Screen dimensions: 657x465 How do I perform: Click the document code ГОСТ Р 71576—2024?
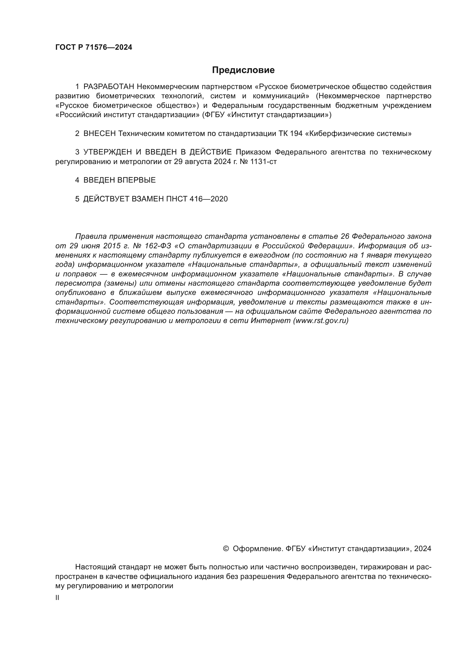point(94,47)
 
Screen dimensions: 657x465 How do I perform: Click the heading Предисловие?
point(243,70)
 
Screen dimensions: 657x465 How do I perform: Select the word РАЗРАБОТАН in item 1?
point(109,87)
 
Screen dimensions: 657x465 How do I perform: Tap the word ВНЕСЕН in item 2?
point(99,133)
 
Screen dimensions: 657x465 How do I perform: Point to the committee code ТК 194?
point(290,133)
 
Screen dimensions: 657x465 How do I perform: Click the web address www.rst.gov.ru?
point(321,320)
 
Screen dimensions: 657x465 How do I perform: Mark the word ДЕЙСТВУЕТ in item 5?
point(106,199)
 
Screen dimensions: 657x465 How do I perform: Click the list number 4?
point(77,180)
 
